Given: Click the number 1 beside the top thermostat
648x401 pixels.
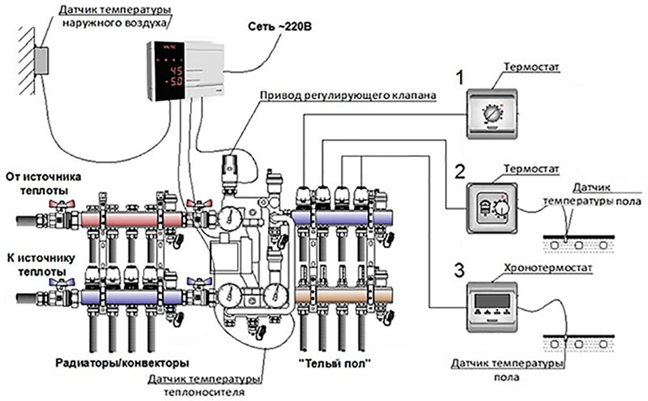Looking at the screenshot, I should pos(458,79).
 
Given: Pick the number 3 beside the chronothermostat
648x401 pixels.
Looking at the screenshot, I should pos(458,270).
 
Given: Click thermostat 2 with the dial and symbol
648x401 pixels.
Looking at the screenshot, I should pos(493,207).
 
